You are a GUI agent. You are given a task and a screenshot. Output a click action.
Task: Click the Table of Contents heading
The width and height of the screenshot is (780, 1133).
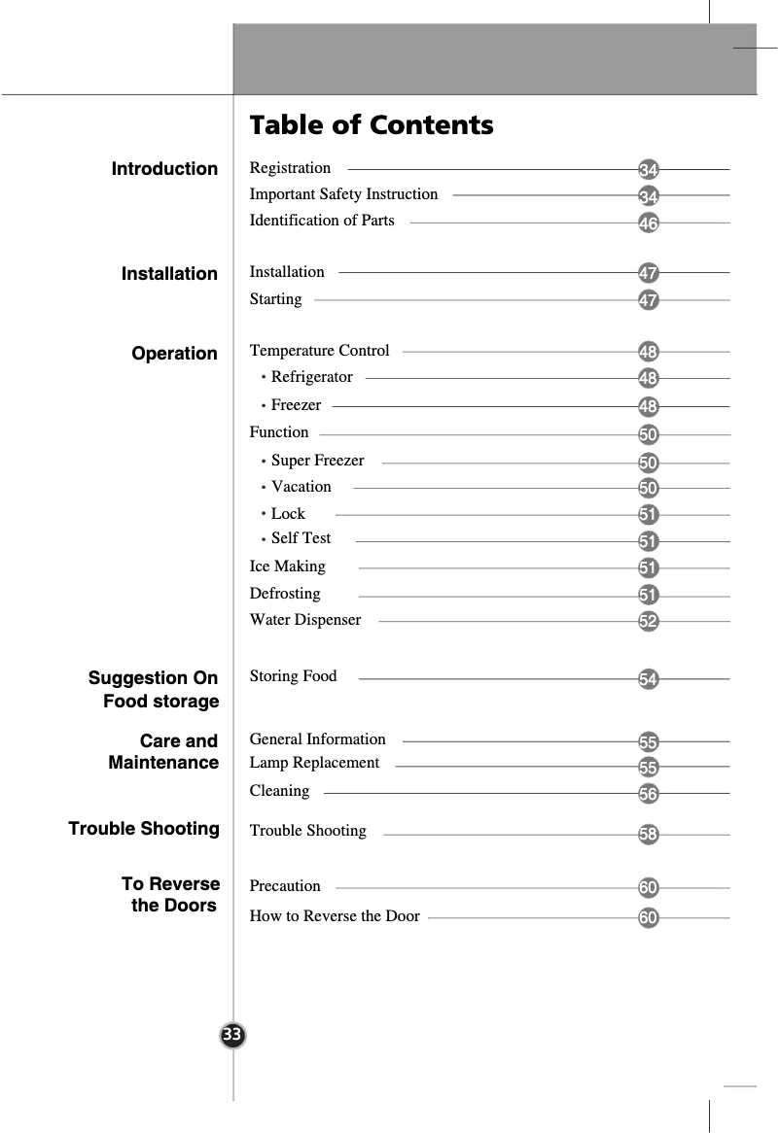[x=372, y=125]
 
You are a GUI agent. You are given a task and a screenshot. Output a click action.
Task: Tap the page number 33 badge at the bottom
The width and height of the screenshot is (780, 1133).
[x=232, y=1035]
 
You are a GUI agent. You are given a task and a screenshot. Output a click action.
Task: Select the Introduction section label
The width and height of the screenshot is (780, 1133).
[x=164, y=169]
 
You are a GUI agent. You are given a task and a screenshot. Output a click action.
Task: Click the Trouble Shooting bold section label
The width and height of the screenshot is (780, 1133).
[x=144, y=829]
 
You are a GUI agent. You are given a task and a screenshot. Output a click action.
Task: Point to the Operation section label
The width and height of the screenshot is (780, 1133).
[x=175, y=354]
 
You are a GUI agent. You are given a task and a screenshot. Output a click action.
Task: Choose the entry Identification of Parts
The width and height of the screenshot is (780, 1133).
[x=322, y=221]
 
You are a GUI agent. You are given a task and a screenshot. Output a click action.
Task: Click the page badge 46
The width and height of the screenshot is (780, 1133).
[x=649, y=224]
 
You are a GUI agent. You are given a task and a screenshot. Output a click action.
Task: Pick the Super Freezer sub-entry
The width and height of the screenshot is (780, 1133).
[x=317, y=461]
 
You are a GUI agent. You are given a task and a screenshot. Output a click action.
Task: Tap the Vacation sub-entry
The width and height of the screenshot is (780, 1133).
[x=301, y=487]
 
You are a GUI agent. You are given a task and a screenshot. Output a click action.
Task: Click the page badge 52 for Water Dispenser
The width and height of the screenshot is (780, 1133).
[x=649, y=621]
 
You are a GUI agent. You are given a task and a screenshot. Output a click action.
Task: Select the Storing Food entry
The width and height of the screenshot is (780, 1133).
[x=293, y=676]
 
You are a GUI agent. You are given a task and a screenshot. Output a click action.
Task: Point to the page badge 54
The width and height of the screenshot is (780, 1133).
[x=649, y=679]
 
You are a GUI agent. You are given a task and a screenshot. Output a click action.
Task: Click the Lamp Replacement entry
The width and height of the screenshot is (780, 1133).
[x=314, y=763]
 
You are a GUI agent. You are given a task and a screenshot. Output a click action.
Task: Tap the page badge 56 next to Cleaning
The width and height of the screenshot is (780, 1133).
[x=649, y=795]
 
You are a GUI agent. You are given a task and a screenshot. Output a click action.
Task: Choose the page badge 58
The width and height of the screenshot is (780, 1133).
[x=649, y=835]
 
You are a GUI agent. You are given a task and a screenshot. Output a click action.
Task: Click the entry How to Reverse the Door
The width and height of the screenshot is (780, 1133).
[x=335, y=916]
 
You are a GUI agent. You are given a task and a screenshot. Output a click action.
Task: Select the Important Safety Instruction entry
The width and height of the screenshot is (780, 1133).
[x=343, y=194]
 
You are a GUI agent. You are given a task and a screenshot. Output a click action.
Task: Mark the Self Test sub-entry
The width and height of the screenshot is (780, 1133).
[x=301, y=538]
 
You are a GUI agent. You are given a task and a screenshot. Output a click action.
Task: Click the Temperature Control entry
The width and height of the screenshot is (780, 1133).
[x=319, y=351]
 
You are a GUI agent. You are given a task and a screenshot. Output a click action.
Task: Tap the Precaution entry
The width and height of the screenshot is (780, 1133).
[x=285, y=886]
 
